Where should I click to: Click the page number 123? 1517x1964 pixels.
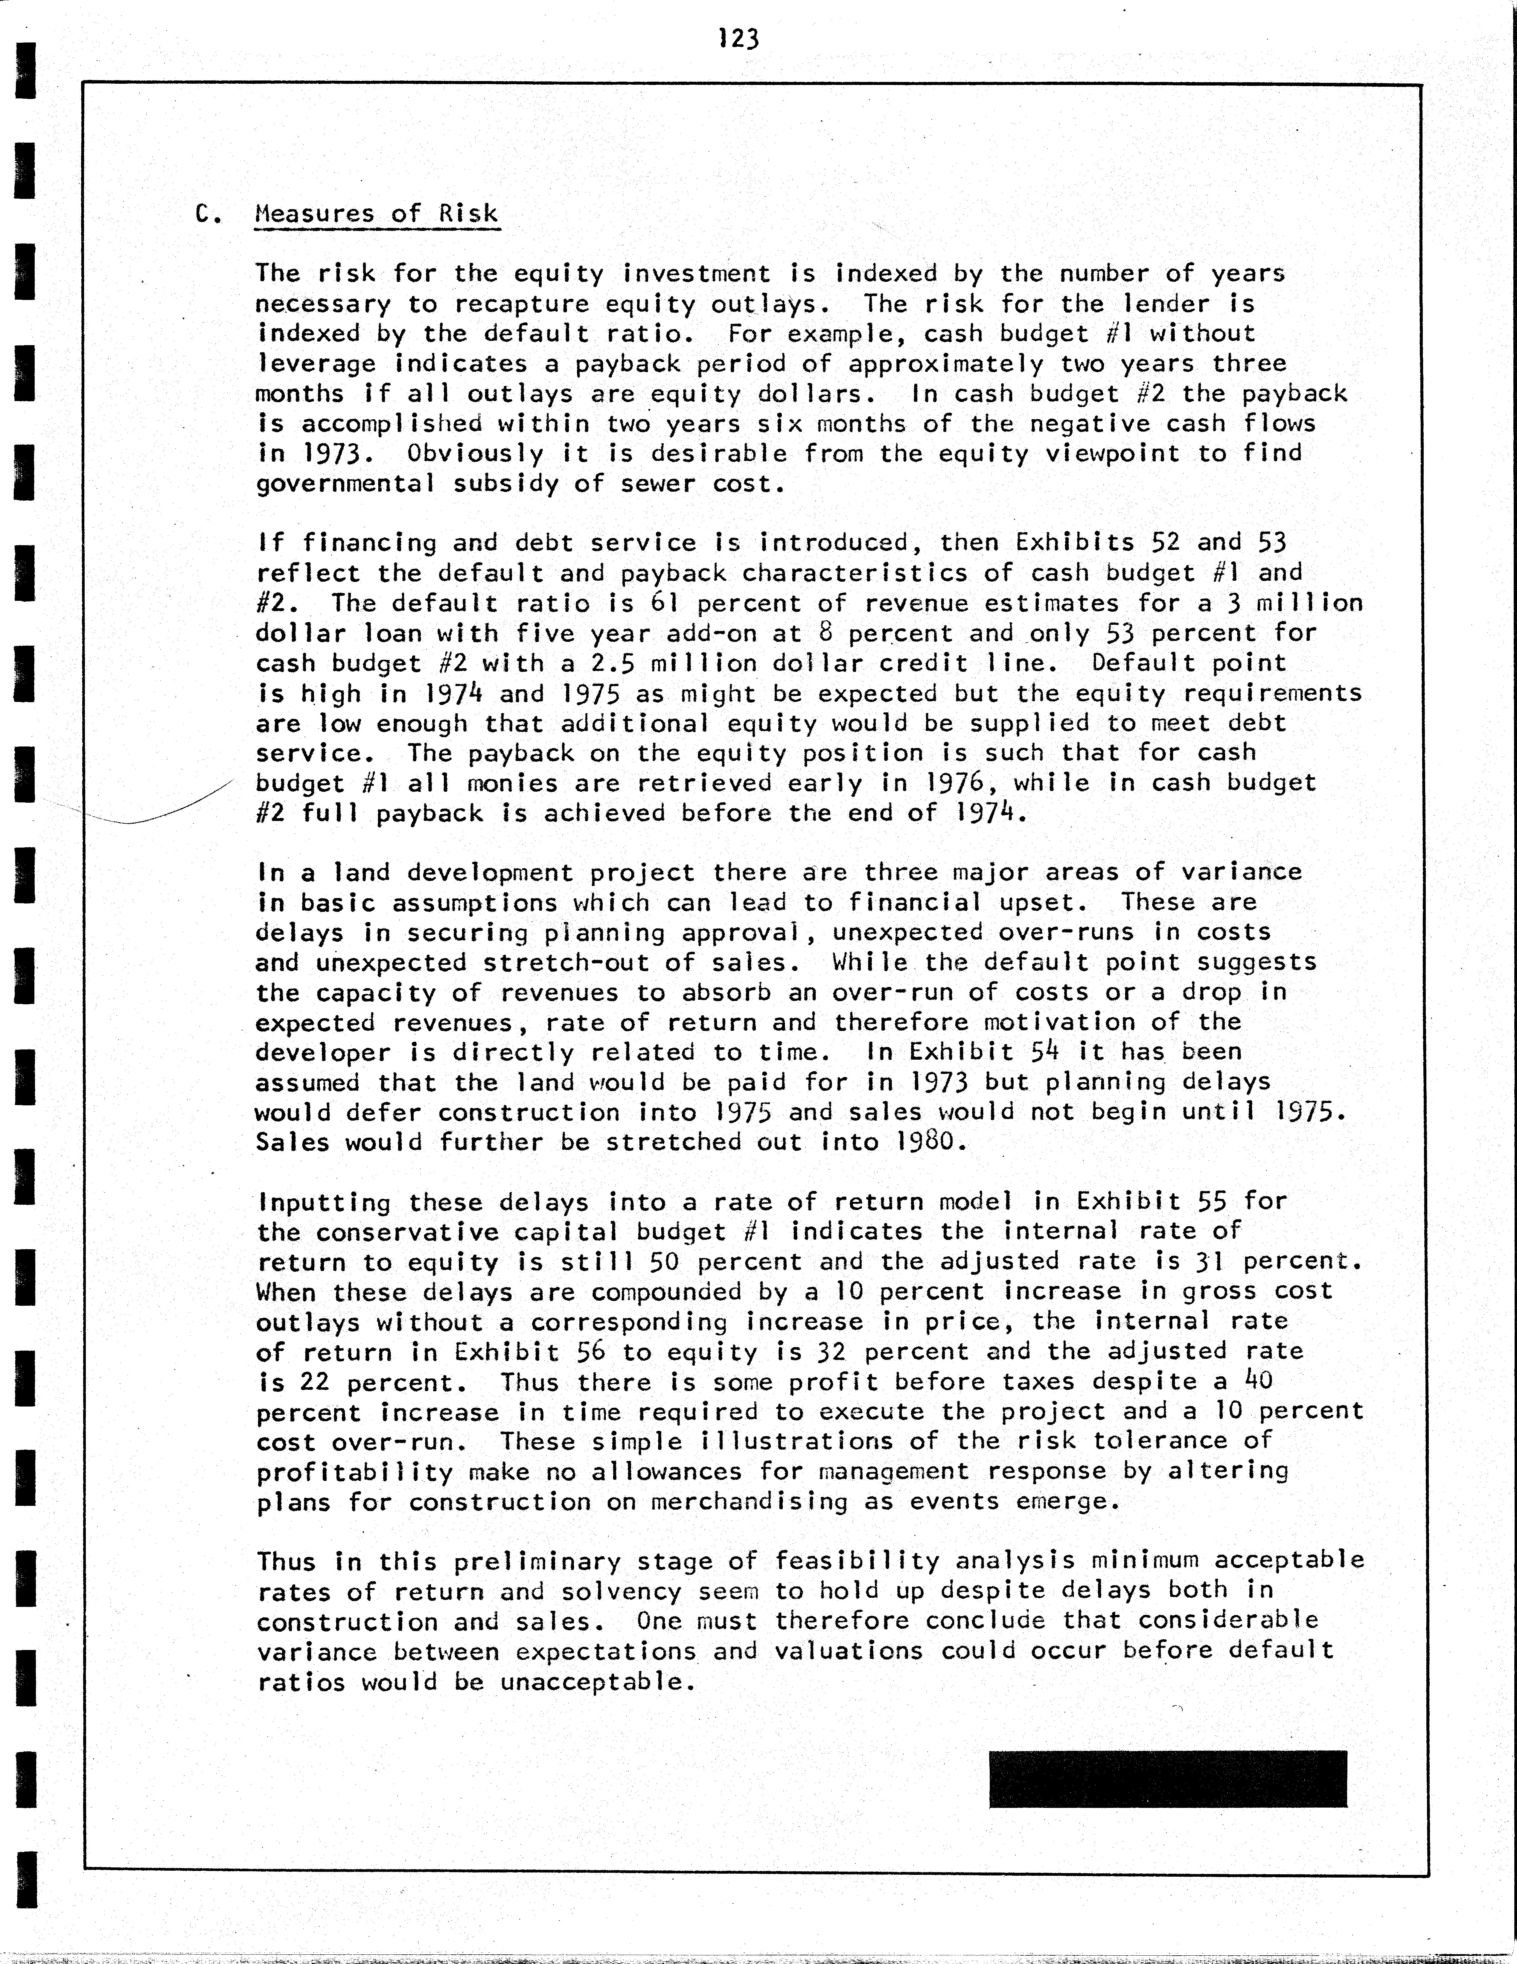(739, 39)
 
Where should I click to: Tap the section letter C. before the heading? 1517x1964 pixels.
(208, 214)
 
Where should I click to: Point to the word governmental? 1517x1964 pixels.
(345, 485)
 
